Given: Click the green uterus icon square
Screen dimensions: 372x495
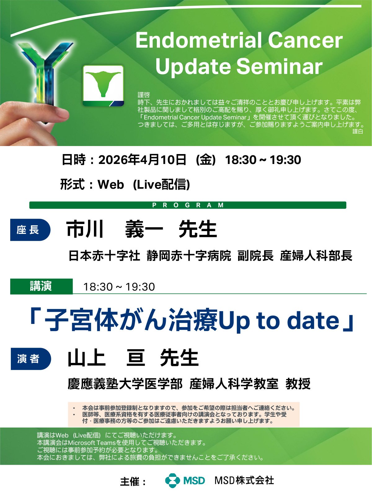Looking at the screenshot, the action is point(103,85).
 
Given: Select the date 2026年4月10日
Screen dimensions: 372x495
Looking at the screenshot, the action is point(142,160).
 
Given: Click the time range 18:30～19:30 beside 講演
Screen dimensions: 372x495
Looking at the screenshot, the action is point(119,287).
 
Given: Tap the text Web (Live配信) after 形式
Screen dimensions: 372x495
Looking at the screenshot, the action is point(144,184).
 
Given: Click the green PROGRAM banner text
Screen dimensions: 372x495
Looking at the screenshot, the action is point(188,205).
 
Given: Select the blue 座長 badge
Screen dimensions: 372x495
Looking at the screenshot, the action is point(30,230).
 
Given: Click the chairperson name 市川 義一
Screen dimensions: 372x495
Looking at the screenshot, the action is point(115,229).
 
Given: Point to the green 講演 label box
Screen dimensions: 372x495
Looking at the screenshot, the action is point(42,286).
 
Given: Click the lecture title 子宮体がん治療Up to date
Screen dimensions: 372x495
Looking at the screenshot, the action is point(192,320).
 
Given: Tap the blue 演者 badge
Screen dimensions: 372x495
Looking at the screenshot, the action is point(31,359).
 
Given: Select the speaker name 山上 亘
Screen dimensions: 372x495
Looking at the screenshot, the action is point(106,358).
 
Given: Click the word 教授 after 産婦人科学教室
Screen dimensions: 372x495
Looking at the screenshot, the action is point(298,384).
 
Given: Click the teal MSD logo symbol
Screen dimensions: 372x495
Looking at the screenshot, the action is point(173,480).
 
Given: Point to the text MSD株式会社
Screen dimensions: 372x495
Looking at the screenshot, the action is point(244,480).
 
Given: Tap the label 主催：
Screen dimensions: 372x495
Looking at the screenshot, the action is point(133,481).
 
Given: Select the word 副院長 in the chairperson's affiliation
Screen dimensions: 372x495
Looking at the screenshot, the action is point(255,256).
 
